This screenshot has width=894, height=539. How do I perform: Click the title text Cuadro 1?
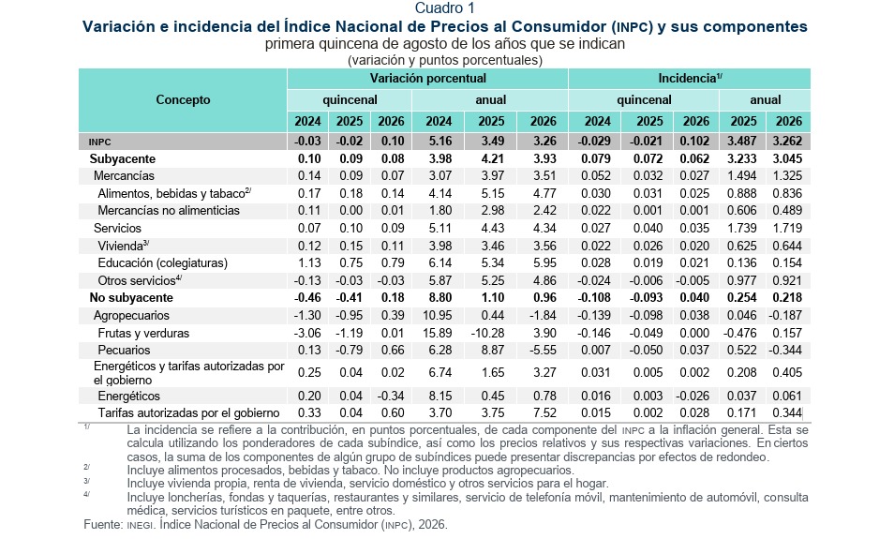tap(444, 8)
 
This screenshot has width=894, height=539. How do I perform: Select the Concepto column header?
tap(183, 99)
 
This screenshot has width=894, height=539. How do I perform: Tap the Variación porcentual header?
tap(427, 78)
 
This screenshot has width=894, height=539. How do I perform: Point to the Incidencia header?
tap(690, 78)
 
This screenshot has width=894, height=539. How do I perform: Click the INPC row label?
tap(99, 142)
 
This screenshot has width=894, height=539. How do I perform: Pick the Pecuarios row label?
tap(124, 351)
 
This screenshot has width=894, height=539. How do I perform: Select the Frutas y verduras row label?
tap(143, 333)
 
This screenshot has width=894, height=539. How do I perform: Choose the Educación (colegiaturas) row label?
tap(162, 263)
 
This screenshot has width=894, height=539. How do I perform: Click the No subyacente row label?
tap(131, 298)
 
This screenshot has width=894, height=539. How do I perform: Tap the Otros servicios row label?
tap(140, 280)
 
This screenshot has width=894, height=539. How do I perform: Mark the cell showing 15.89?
tap(438, 333)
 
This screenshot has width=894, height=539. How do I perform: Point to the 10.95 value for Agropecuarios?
tap(438, 315)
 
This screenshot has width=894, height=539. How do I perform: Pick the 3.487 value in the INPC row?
tap(742, 141)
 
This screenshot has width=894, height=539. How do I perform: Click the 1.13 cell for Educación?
tap(309, 263)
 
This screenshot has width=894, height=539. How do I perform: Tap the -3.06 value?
tap(307, 333)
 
